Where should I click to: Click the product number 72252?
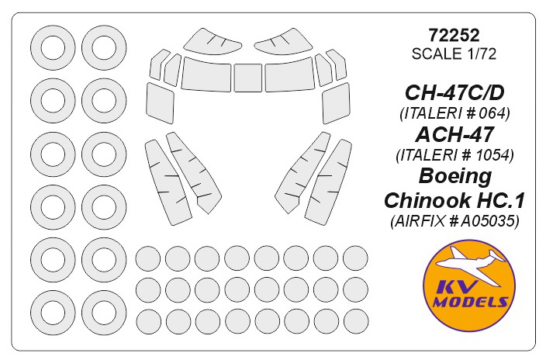click(454, 35)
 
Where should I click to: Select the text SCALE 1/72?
click(454, 54)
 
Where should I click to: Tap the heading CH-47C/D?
click(454, 93)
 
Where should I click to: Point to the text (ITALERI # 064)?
click(454, 113)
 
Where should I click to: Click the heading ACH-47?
click(454, 134)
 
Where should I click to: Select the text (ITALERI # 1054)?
click(454, 155)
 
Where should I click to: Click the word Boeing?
click(454, 177)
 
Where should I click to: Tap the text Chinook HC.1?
click(454, 200)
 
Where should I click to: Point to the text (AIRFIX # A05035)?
click(454, 220)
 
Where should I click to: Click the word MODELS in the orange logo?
click(470, 302)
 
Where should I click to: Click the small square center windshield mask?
click(247, 78)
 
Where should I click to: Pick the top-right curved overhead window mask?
click(284, 41)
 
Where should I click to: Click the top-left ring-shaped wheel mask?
click(53, 48)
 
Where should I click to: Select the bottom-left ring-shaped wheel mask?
click(53, 313)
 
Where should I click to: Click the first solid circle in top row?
click(147, 258)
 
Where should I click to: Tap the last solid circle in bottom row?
click(356, 322)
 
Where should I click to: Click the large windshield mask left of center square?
click(206, 75)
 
